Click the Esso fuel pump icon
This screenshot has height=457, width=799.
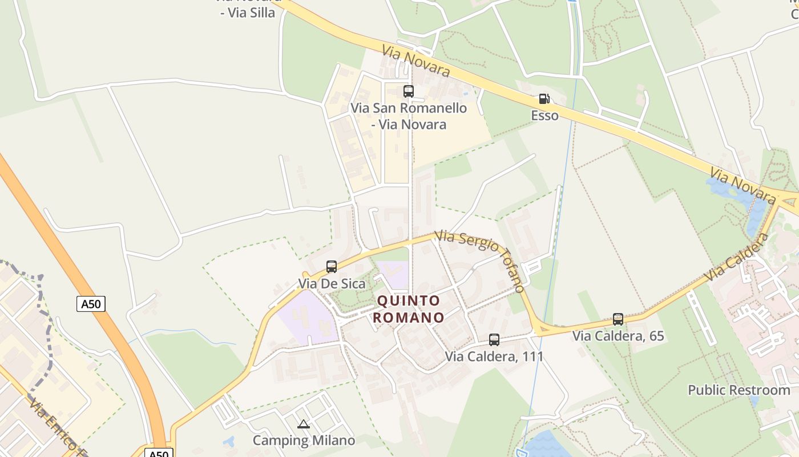tap(544, 99)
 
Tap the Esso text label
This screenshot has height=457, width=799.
tap(544, 115)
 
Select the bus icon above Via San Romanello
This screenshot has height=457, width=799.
tap(409, 91)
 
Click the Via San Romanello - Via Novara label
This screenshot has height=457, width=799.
tap(409, 116)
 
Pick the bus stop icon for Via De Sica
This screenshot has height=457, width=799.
tap(332, 266)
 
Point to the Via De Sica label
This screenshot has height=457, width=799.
tap(332, 283)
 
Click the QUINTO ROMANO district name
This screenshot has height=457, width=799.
tap(409, 309)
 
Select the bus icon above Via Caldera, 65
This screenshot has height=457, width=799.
tap(618, 319)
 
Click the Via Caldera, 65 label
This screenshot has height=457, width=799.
tap(618, 336)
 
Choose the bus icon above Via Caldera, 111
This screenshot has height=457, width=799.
tap(494, 339)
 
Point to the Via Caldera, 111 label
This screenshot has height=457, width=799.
tap(494, 356)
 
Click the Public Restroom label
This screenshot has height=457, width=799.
tap(739, 390)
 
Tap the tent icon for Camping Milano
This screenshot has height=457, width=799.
tap(304, 424)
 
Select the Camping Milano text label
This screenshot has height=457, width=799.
tap(304, 440)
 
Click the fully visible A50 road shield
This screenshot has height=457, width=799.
tap(91, 304)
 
